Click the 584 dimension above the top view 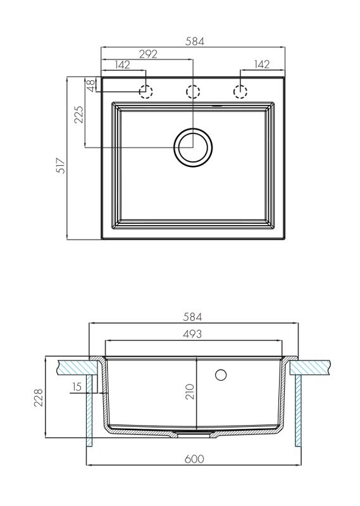pyautogui.click(x=195, y=41)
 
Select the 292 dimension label pyautogui.click(x=148, y=54)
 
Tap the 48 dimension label pyautogui.click(x=91, y=85)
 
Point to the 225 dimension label pyautogui.click(x=79, y=114)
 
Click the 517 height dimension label pyautogui.click(x=61, y=166)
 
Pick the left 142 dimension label pyautogui.click(x=122, y=65)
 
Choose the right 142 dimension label pyautogui.click(x=261, y=65)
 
